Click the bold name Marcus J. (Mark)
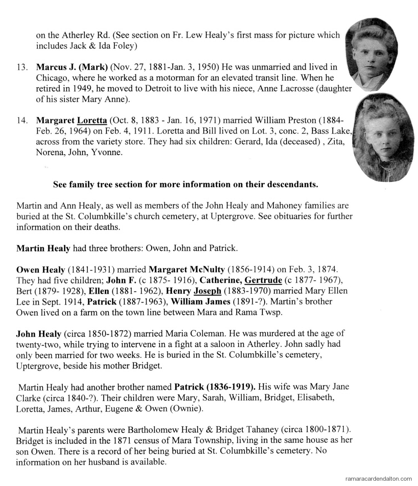(72, 67)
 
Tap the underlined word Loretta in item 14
(92, 121)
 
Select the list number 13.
(21, 67)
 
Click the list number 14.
(21, 121)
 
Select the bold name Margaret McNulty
(187, 269)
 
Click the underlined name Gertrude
(263, 280)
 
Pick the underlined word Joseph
(207, 291)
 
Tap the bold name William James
(201, 301)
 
